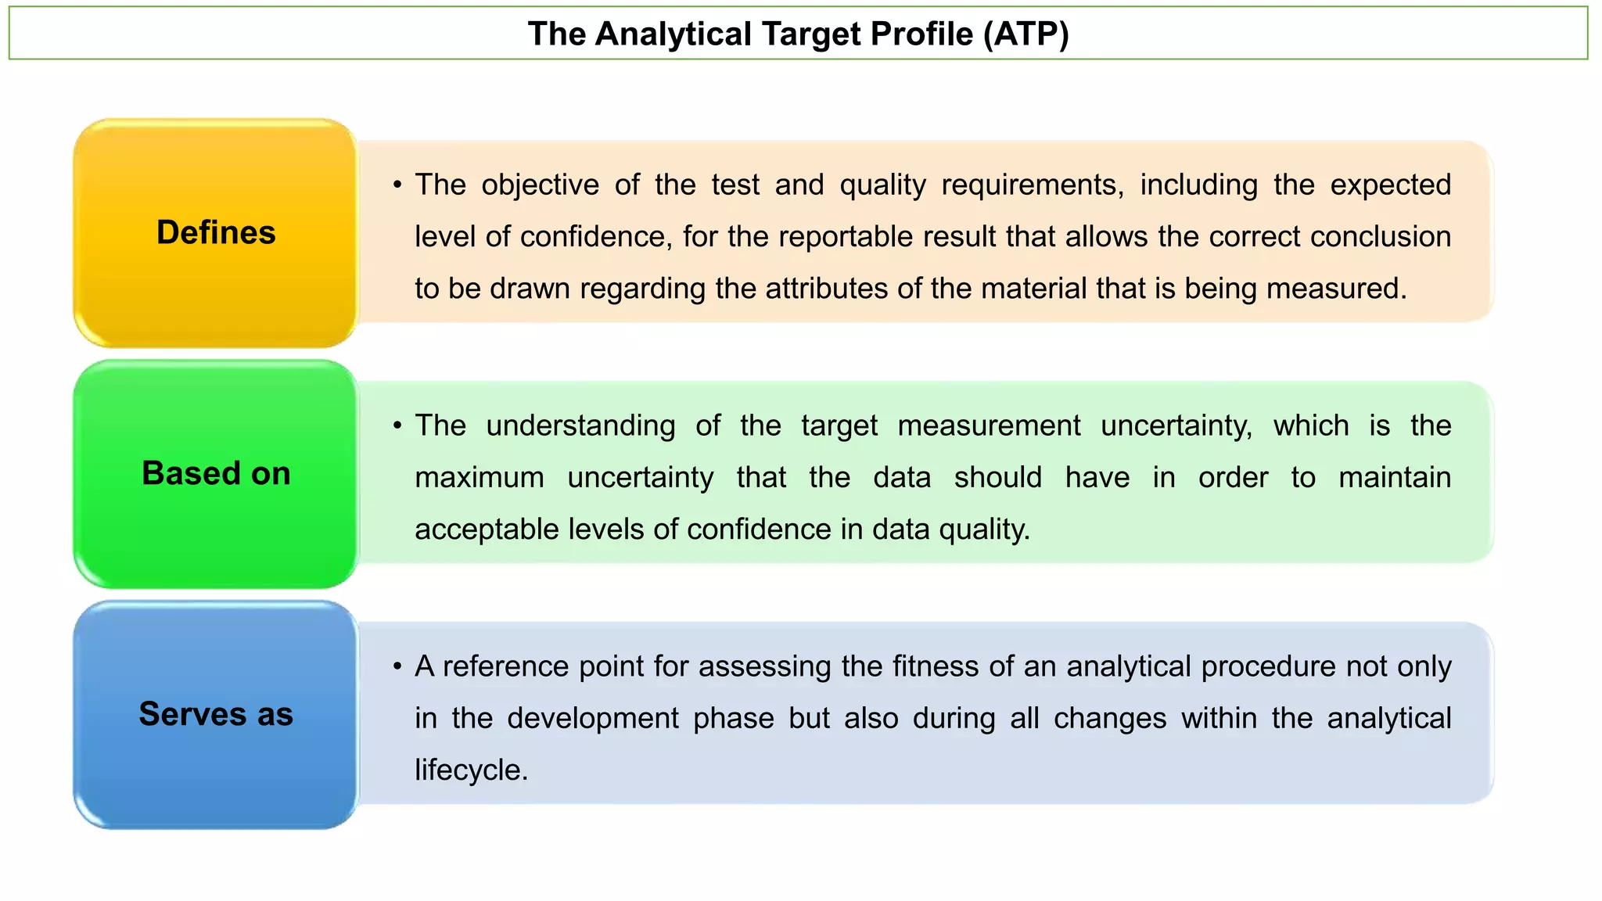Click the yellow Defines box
click(x=216, y=233)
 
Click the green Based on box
click(x=216, y=474)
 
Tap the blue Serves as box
click(x=216, y=715)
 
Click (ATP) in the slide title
click(x=1025, y=34)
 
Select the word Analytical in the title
click(x=673, y=34)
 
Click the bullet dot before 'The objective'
click(x=397, y=185)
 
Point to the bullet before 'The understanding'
click(x=397, y=426)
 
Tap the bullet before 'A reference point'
click(x=397, y=667)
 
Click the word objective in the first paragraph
click(x=540, y=185)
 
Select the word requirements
click(x=1032, y=185)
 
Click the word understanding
click(x=580, y=426)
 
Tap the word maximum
click(x=479, y=478)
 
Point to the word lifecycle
click(x=470, y=770)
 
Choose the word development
click(x=592, y=719)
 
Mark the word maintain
click(x=1394, y=478)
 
